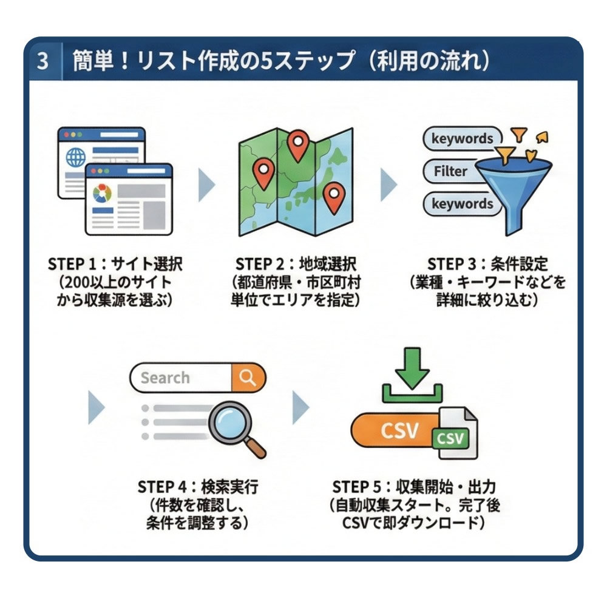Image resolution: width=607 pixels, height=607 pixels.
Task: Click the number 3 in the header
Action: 42,62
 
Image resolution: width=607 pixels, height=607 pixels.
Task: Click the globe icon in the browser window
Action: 76,157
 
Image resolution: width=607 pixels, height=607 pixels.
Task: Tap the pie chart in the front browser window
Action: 102,194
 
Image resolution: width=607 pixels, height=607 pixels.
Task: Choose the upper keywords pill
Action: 462,138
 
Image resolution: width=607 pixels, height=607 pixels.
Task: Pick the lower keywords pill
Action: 462,204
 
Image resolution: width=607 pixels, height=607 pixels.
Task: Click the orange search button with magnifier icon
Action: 248,378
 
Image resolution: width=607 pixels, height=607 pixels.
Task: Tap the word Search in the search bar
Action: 165,378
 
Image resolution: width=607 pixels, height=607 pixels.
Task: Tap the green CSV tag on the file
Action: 450,438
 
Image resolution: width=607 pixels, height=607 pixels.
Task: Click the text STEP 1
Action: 72,265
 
